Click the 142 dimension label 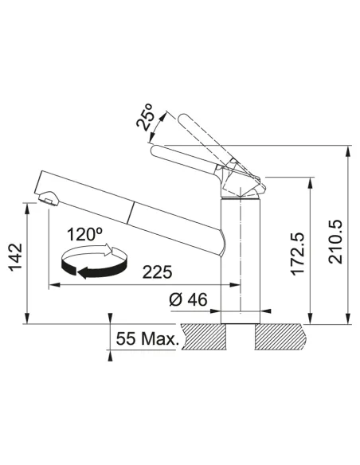point(15,257)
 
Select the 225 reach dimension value point(157,272)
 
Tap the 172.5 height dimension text point(297,253)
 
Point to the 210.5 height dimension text point(335,242)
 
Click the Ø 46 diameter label point(188,299)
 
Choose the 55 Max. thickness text point(147,338)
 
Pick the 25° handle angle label point(145,117)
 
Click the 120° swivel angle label point(84,234)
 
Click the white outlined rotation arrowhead point(108,249)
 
